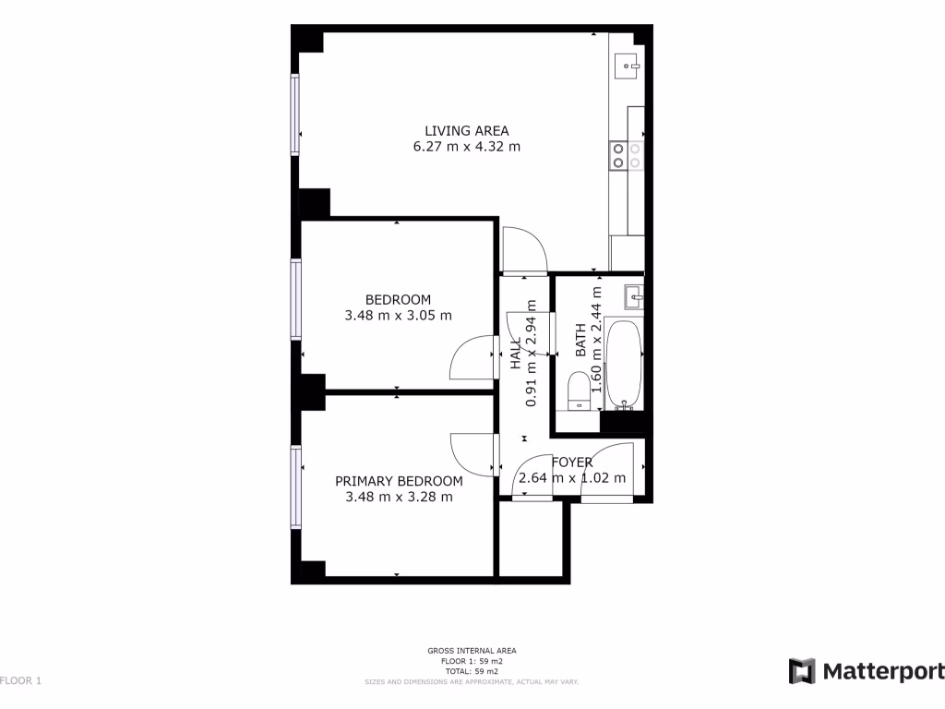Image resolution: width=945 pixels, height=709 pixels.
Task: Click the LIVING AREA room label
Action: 466,130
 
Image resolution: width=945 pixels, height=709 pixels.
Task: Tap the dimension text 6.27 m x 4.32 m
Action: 466,146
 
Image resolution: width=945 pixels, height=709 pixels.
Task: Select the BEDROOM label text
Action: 398,299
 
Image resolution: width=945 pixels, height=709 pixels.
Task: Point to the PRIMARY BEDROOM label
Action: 399,481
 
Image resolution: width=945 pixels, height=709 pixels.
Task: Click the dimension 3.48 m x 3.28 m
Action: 399,497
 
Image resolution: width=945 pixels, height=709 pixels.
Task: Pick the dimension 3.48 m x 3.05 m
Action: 398,315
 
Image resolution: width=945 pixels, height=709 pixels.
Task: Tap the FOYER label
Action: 572,463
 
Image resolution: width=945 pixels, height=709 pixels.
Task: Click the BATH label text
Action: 580,341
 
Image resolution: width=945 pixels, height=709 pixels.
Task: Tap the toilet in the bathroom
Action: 578,391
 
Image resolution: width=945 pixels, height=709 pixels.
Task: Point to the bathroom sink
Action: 633,296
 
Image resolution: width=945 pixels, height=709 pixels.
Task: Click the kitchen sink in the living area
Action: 629,64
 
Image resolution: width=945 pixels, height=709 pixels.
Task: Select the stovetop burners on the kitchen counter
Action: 626,156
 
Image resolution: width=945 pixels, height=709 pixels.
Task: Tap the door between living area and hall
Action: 522,249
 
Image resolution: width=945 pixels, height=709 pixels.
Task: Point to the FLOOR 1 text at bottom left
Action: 20,681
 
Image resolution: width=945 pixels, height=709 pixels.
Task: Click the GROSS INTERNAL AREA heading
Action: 472,651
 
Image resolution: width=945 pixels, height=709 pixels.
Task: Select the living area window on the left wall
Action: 296,114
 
